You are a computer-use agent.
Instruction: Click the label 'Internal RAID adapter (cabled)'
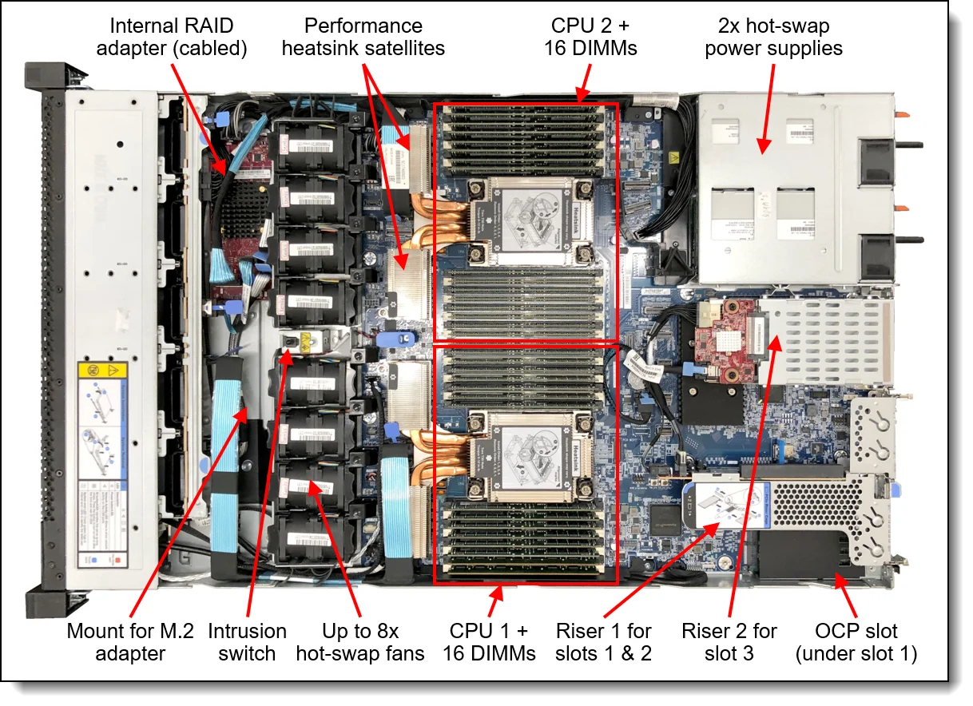click(x=172, y=37)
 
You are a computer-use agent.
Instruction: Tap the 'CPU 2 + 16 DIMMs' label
click(x=590, y=37)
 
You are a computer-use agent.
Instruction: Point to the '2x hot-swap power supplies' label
click(x=773, y=37)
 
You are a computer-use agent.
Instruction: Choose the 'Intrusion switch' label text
click(x=247, y=642)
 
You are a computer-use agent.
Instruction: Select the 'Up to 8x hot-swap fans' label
click(x=349, y=642)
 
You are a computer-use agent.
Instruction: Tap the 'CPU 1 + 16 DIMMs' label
click(x=489, y=642)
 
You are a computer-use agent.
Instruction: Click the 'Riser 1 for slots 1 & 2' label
click(x=604, y=642)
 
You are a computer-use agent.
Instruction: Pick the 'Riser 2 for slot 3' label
click(x=729, y=642)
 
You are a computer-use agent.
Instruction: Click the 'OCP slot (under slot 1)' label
click(x=856, y=642)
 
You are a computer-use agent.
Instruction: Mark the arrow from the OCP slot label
click(x=848, y=595)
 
